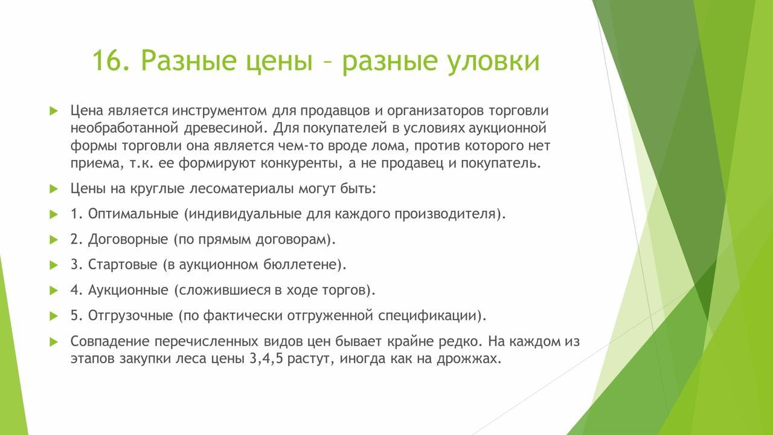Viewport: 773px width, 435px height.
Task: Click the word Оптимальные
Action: pyautogui.click(x=133, y=214)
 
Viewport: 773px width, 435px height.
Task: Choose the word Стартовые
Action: pyautogui.click(x=123, y=265)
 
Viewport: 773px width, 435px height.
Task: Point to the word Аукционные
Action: pyautogui.click(x=128, y=291)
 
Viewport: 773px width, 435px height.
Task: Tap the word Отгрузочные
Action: pyautogui.click(x=130, y=316)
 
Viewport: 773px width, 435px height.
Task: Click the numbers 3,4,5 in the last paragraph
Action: pyautogui.click(x=266, y=359)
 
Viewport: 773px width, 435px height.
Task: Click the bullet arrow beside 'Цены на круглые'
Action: pyautogui.click(x=54, y=189)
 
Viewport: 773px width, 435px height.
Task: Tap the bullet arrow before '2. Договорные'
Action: pyautogui.click(x=54, y=240)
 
